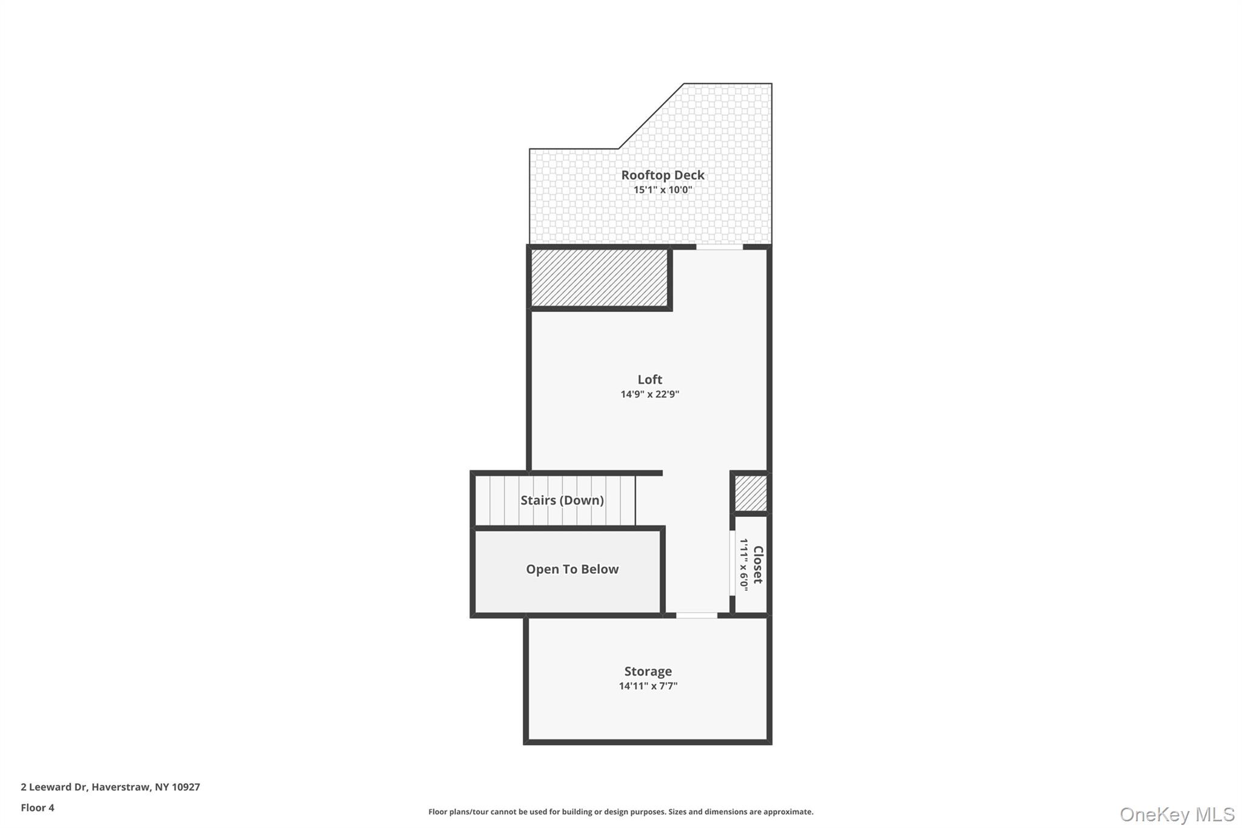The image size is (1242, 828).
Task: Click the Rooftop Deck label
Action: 662,175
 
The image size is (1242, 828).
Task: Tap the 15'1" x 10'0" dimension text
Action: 663,190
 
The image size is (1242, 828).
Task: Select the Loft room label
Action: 650,379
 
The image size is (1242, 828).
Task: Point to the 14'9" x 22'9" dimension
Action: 650,394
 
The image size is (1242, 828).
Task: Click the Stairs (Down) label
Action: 562,500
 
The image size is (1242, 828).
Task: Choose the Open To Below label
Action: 572,569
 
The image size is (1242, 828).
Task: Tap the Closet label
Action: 758,565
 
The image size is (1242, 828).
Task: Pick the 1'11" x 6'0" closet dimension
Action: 744,565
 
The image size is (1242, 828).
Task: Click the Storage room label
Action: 648,671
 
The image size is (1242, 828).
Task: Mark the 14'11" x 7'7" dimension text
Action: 648,686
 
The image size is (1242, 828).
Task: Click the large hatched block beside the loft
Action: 599,278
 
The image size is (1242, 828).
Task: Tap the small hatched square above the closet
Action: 751,493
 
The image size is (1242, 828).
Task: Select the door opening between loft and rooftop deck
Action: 719,247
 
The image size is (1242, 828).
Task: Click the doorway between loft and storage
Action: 697,615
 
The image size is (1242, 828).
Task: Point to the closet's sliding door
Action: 732,564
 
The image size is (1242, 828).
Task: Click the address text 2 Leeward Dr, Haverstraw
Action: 86,787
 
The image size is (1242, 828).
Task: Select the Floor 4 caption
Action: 38,807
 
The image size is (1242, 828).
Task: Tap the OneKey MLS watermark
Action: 1177,814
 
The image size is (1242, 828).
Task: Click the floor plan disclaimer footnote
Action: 621,812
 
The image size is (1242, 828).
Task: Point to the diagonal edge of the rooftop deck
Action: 651,116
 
